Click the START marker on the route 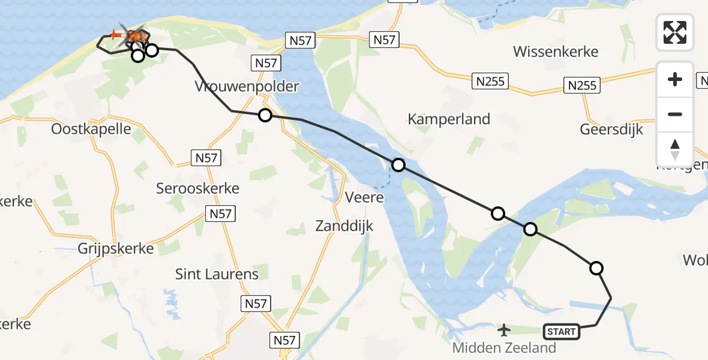tap(562, 331)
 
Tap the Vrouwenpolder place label tap(247, 86)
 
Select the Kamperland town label tap(449, 119)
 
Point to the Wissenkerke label tap(556, 52)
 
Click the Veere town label tap(364, 197)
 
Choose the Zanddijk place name tap(344, 226)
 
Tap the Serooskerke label tap(197, 188)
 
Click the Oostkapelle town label tap(91, 129)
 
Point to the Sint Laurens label tap(217, 274)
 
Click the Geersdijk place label tap(611, 129)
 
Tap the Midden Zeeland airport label tap(504, 347)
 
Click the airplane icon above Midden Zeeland tap(504, 329)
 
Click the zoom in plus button tap(675, 79)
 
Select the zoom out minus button tap(675, 114)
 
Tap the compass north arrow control tap(675, 149)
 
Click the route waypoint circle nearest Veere tap(398, 165)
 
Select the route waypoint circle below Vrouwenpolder tap(265, 115)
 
